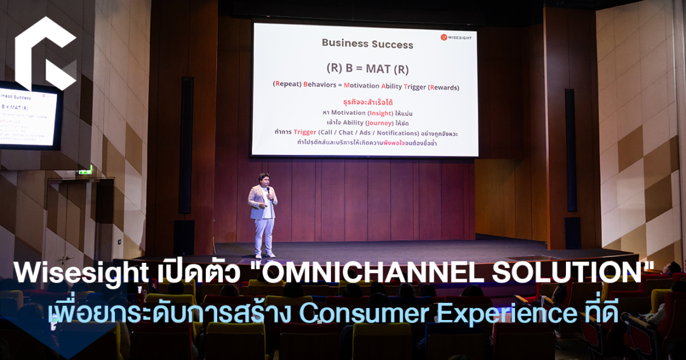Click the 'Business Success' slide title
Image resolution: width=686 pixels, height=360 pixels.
[x=367, y=44]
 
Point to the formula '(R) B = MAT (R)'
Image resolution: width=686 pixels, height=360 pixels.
[x=367, y=68]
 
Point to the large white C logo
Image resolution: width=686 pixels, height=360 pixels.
[x=44, y=54]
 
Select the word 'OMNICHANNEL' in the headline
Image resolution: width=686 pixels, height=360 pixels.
[x=377, y=274]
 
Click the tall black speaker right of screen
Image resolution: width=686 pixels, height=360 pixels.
[x=570, y=149]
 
